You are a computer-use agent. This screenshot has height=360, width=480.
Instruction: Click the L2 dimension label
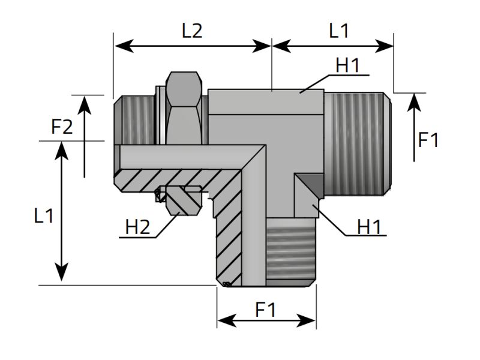click(x=192, y=31)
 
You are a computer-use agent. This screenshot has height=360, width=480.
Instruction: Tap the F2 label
click(x=62, y=127)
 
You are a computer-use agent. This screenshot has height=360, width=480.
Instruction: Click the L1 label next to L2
click(x=339, y=31)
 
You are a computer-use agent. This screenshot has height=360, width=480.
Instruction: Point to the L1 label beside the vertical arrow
click(x=43, y=215)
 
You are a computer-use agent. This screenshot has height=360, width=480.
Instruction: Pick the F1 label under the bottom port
click(x=266, y=310)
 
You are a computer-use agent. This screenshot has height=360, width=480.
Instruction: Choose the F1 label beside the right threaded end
click(x=428, y=140)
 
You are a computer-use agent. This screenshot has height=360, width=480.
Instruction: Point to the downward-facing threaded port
click(x=290, y=252)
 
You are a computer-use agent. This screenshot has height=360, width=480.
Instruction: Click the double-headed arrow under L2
click(x=193, y=45)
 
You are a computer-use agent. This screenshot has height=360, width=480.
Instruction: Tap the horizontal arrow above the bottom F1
click(x=266, y=322)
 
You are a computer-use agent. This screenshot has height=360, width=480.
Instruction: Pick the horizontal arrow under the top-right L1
click(x=333, y=45)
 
